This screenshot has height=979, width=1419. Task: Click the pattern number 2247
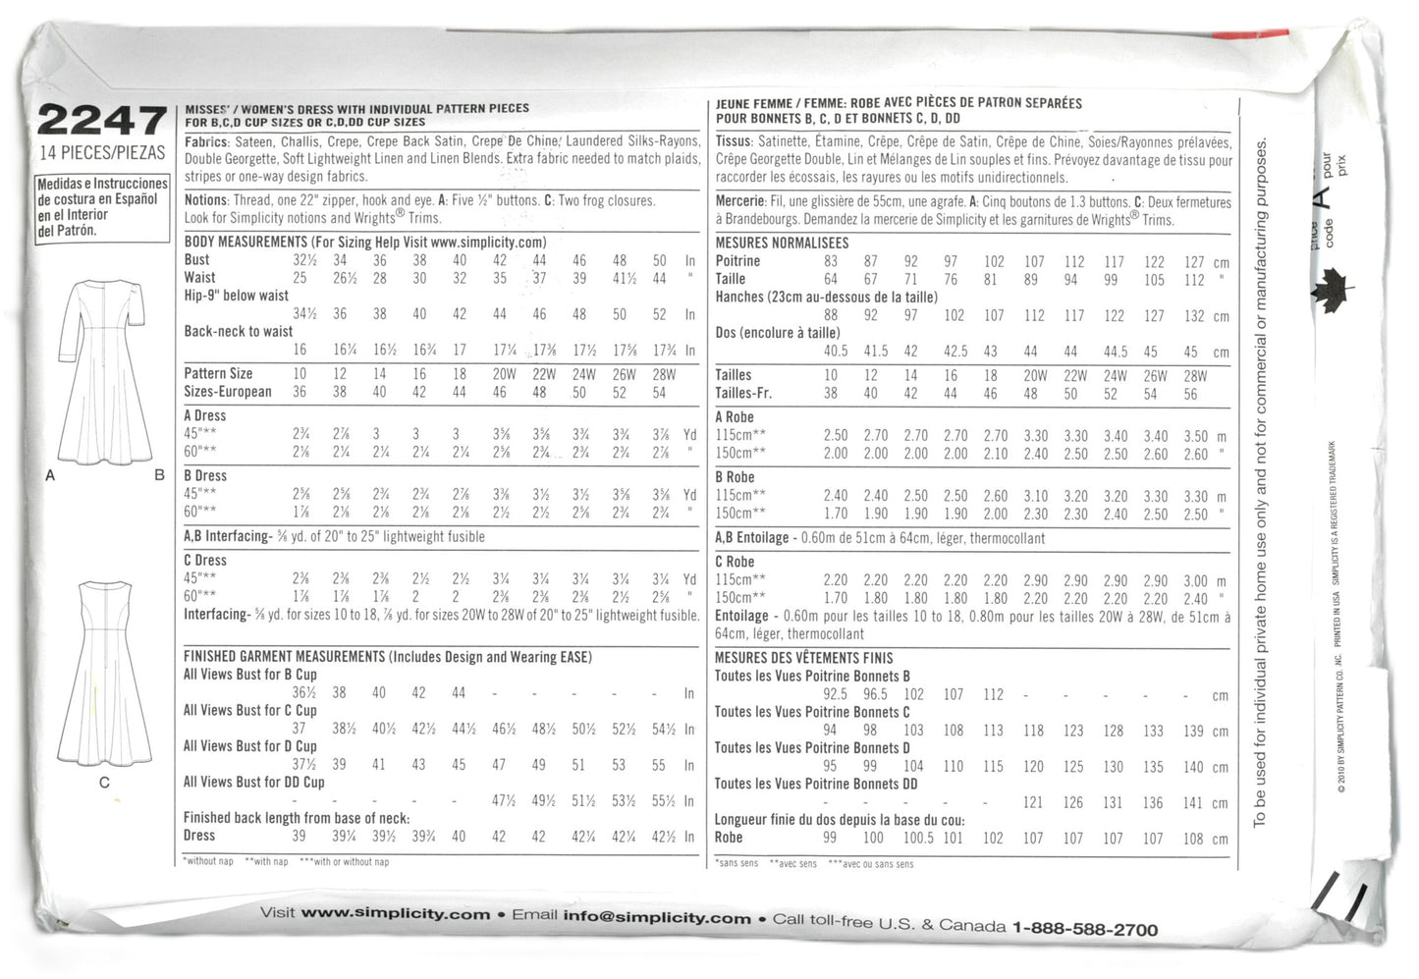coord(101,121)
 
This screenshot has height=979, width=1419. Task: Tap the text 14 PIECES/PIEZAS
coord(102,152)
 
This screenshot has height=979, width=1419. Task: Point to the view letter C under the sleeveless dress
coord(104,783)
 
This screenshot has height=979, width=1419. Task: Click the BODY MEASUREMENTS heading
coord(246,242)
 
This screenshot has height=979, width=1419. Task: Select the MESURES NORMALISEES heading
coord(782,243)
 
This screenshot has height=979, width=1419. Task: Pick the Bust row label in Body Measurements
coord(196,260)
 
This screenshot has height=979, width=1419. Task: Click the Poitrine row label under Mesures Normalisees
coord(737,261)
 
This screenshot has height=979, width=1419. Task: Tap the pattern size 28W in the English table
coord(664,374)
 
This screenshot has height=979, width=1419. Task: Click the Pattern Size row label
coord(218,374)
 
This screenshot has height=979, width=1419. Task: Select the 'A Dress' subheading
coord(204,415)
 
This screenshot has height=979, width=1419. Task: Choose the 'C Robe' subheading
coord(735,562)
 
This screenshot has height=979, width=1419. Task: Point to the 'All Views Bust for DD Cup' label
coord(253,782)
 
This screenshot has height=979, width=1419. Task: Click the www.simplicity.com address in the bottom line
coord(395,914)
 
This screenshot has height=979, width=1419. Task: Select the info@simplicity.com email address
coord(657,917)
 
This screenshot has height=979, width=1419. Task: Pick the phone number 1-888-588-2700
coord(1084,928)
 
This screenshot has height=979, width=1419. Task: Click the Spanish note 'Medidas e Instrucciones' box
coord(102,207)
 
